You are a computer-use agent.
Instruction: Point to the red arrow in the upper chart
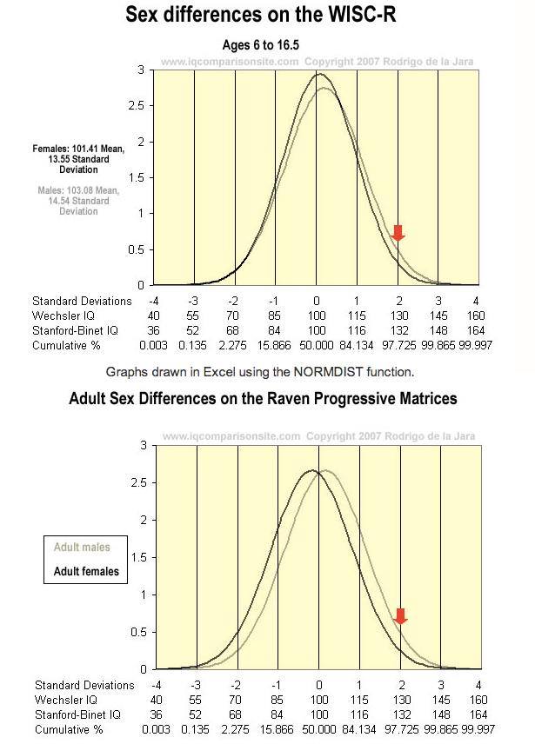tap(398, 233)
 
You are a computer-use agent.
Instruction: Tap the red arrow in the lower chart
tap(400, 616)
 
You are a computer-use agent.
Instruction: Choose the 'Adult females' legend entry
tap(86, 571)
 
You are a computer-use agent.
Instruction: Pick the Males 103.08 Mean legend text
tap(74, 200)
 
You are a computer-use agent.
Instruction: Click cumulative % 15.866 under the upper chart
tap(276, 345)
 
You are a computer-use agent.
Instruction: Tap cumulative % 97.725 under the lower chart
tap(398, 729)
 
